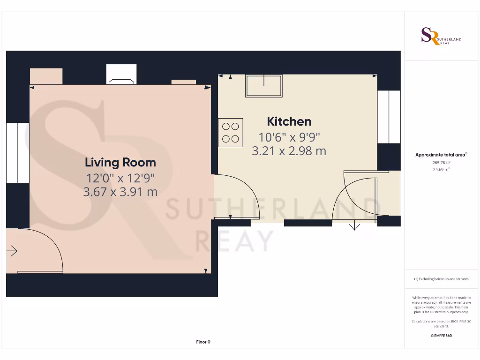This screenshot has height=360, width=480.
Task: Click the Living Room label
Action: coord(120,163)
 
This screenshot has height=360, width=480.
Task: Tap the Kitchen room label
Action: coord(289,121)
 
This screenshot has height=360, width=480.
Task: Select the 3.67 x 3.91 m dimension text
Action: coord(120,192)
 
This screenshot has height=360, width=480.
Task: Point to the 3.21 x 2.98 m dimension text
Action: coord(289,151)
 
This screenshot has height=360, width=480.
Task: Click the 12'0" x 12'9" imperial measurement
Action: coord(120,178)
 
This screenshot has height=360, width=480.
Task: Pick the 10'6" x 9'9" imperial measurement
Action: coord(289,137)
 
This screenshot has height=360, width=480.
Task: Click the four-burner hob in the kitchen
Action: coord(231,132)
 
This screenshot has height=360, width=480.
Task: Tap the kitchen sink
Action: coord(264,86)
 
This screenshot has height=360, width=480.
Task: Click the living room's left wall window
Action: coord(17,153)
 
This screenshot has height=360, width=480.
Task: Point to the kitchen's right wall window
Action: coord(389,117)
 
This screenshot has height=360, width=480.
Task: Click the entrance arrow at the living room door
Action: coord(12,252)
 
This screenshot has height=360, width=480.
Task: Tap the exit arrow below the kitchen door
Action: coord(354,226)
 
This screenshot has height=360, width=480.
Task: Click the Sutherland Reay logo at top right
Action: coord(441,36)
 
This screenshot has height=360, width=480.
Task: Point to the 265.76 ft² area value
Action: coord(441,162)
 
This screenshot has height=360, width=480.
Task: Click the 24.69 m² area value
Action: coord(441,169)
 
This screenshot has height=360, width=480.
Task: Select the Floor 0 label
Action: coord(203,342)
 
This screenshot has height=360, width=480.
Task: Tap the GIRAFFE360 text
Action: coord(441,336)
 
